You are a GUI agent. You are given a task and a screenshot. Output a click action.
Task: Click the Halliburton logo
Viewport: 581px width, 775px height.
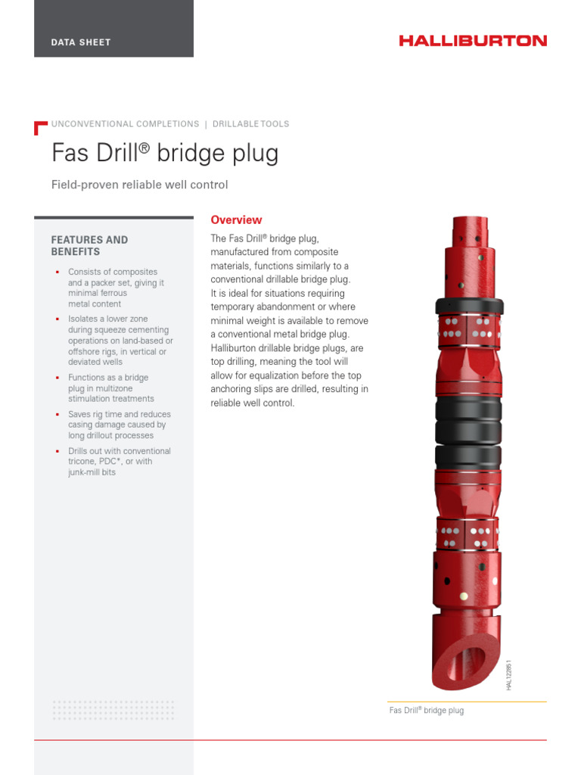pyautogui.click(x=473, y=41)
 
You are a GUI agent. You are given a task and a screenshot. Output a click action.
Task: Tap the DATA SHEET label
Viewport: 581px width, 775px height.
pyautogui.click(x=81, y=42)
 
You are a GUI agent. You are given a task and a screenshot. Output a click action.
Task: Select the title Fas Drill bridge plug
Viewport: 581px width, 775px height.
pyautogui.click(x=165, y=153)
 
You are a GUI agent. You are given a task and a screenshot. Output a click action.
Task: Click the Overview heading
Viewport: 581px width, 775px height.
pyautogui.click(x=236, y=220)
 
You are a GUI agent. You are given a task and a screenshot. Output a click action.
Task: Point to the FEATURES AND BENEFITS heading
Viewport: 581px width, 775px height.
pyautogui.click(x=89, y=245)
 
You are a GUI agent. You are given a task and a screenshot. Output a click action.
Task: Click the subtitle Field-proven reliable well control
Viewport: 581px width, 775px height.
pyautogui.click(x=139, y=185)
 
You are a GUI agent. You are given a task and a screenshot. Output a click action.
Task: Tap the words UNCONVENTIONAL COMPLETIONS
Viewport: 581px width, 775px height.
pyautogui.click(x=125, y=124)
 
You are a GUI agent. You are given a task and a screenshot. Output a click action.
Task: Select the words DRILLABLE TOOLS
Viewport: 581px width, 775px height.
pyautogui.click(x=250, y=124)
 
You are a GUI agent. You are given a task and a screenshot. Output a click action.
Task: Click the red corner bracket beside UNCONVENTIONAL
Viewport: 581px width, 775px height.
pyautogui.click(x=40, y=127)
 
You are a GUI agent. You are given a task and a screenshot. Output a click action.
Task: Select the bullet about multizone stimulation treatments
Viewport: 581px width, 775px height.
pyautogui.click(x=110, y=388)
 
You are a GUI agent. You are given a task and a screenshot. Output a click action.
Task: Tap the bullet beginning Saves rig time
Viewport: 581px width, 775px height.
pyautogui.click(x=119, y=425)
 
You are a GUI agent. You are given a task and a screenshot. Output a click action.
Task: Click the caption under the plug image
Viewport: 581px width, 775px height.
pyautogui.click(x=426, y=711)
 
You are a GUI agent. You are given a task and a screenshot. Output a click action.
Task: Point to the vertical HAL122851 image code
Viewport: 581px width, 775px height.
pyautogui.click(x=509, y=674)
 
